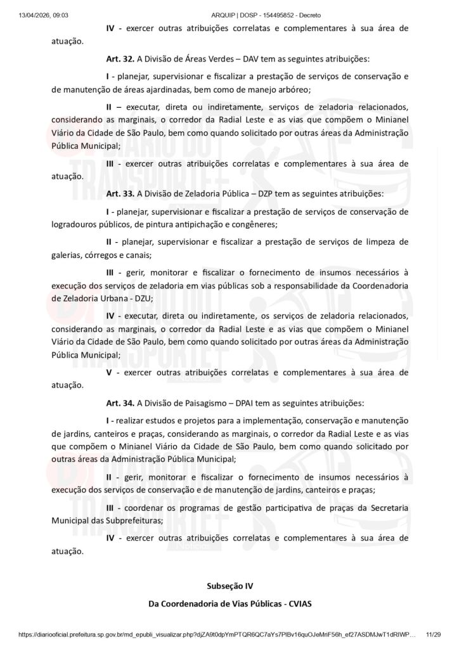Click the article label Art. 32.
point(119,58)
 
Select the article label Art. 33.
point(119,193)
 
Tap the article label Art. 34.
point(119,402)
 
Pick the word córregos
point(100,255)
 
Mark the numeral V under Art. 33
point(109,372)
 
